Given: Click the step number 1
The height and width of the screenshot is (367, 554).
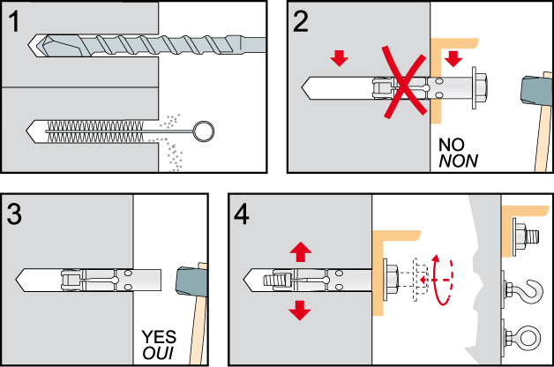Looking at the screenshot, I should click(x=15, y=21).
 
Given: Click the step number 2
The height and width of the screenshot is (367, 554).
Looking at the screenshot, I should click(x=303, y=21).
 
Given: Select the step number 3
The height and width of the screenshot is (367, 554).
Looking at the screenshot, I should click(x=16, y=213).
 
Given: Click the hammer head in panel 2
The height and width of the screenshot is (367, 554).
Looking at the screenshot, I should click(x=535, y=88).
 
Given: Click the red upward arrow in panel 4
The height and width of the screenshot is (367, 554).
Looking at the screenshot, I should click(x=301, y=251).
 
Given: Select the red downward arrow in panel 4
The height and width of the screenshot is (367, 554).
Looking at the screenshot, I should click(x=301, y=310).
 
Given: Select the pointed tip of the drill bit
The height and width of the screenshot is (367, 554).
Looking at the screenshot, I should click(x=34, y=42).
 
